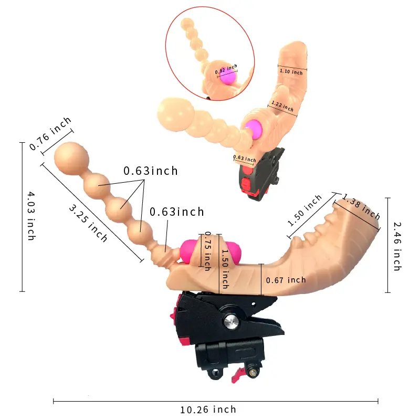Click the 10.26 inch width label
(208, 409)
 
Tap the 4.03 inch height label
(31, 216)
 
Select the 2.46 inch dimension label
(397, 246)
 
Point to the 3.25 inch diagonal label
(88, 223)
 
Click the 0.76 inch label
(50, 133)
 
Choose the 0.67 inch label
(286, 280)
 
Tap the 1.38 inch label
(361, 207)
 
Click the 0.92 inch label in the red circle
(226, 69)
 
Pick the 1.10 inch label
(291, 71)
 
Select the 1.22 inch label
(282, 106)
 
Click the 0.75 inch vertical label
(207, 251)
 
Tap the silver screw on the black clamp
(231, 320)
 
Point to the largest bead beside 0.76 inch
(71, 159)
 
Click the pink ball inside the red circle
(228, 77)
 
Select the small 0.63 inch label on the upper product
(245, 159)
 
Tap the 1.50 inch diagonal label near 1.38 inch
(304, 211)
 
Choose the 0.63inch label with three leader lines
(151, 171)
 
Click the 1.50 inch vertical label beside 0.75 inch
(225, 269)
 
